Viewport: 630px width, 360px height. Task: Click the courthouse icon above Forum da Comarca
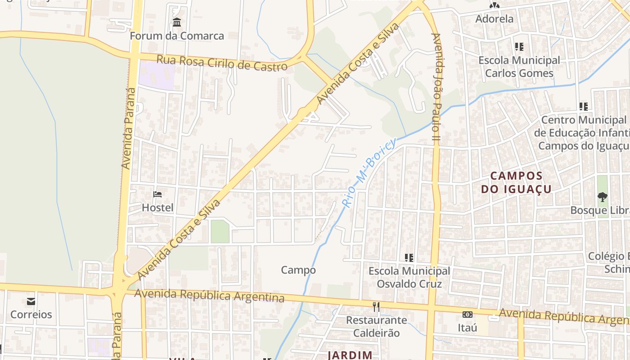click(x=177, y=22)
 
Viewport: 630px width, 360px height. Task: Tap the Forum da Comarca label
click(x=177, y=36)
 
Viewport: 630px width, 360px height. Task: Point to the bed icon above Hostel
click(x=157, y=194)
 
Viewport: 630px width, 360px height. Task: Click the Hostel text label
click(x=157, y=208)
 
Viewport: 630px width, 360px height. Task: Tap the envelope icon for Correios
click(x=31, y=301)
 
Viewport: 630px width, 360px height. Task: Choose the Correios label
click(x=31, y=315)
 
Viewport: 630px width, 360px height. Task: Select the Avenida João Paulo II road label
click(x=435, y=88)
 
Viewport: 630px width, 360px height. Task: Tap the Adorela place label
click(x=495, y=19)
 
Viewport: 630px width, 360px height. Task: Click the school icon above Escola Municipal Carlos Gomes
click(x=519, y=47)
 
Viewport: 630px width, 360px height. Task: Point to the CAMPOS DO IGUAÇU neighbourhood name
click(x=516, y=182)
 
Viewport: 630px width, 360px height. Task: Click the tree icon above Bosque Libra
click(x=602, y=197)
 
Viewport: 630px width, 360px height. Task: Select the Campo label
click(x=298, y=270)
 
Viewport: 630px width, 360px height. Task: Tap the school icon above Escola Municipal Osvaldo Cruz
click(x=409, y=258)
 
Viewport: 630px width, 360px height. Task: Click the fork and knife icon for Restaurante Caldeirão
click(x=376, y=307)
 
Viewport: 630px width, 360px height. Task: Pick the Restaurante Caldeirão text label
click(x=376, y=326)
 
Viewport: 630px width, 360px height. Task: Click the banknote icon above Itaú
click(x=468, y=315)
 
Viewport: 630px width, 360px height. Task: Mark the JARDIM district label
click(x=350, y=355)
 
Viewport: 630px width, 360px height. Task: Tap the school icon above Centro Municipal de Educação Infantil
click(x=583, y=107)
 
